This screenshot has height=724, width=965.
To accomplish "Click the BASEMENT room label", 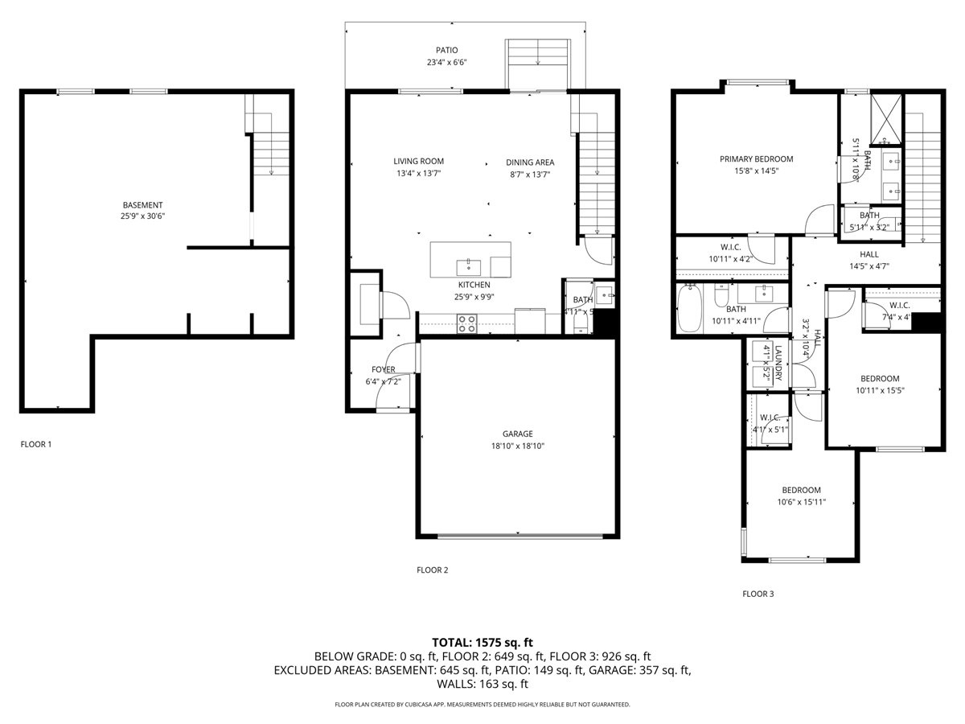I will tap(142, 205).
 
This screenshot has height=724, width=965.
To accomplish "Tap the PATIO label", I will tap(447, 50).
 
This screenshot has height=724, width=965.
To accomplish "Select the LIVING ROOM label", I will tap(418, 162).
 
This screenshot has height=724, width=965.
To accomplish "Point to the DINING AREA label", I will tap(530, 162).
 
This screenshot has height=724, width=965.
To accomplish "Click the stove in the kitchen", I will tap(467, 323).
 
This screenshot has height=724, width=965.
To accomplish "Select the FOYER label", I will tap(383, 369).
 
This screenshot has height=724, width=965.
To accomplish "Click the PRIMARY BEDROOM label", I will tap(756, 159).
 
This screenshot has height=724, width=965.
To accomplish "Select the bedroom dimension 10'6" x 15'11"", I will tap(801, 502).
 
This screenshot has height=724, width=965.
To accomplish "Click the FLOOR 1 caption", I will tap(36, 444).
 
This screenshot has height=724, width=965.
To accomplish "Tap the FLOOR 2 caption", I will tap(432, 570).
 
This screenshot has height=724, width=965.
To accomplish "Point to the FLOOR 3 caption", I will tap(758, 594).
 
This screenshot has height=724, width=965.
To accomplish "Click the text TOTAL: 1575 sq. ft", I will tap(482, 642).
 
